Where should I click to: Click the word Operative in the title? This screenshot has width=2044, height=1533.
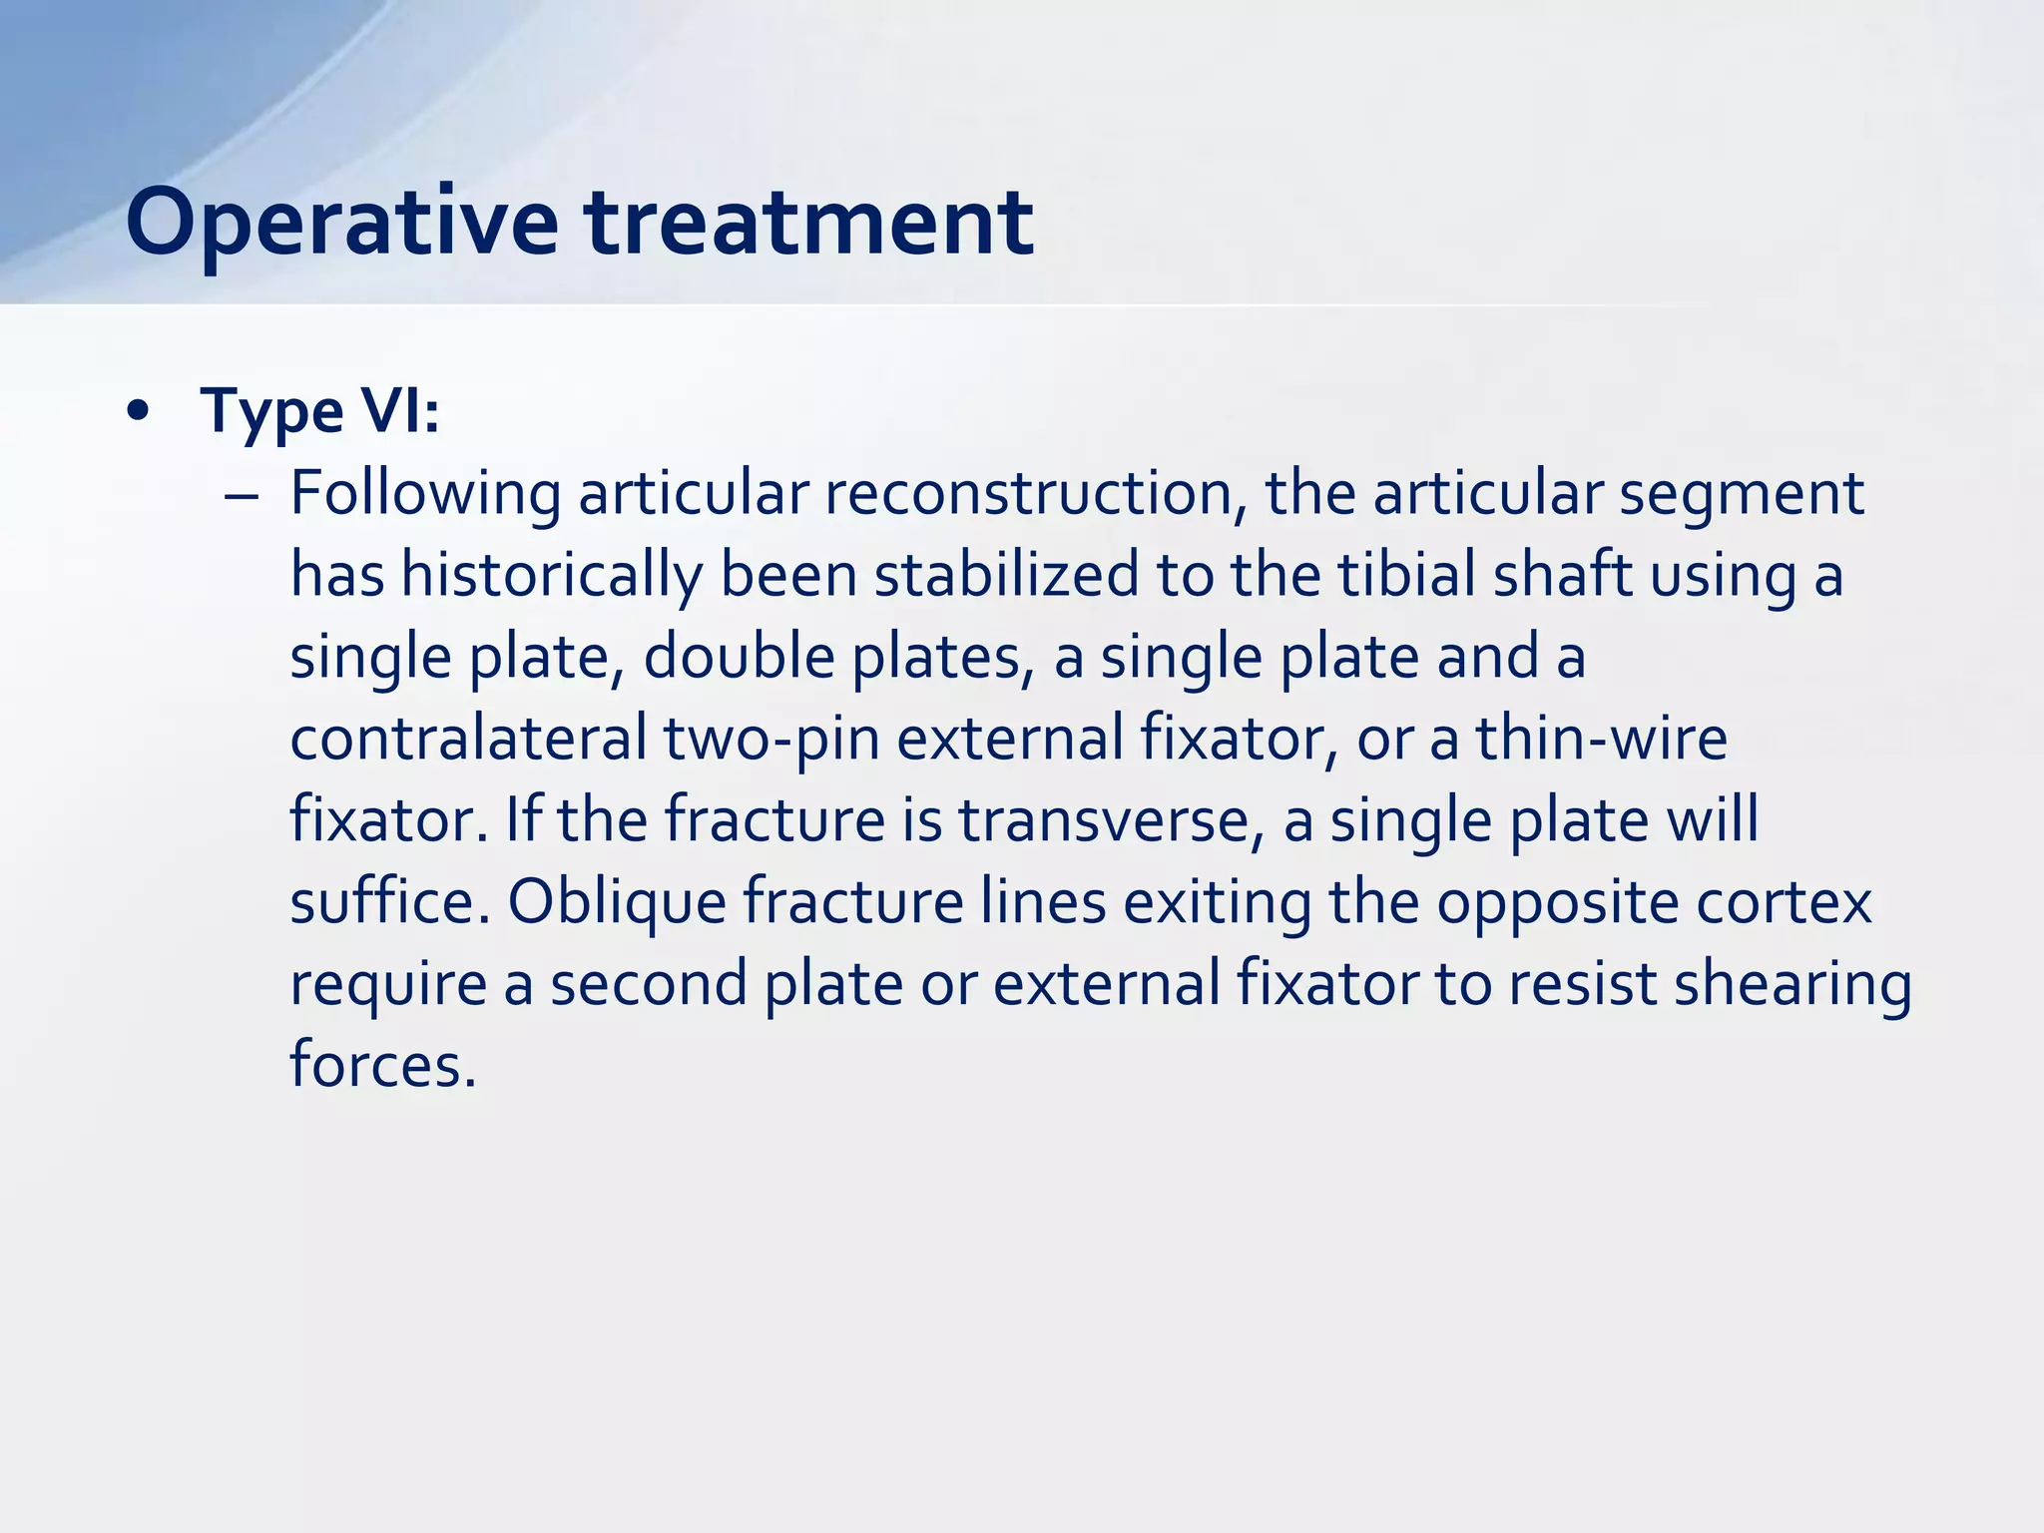coord(341,224)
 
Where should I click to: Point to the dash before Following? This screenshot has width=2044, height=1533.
coord(242,496)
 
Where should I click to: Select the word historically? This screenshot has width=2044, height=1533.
coord(552,577)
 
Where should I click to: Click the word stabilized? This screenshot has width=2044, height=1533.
coord(1006,575)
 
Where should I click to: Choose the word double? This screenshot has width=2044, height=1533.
coord(739,658)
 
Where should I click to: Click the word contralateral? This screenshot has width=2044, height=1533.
coord(468,739)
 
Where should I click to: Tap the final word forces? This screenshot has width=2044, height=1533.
coord(382,1064)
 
